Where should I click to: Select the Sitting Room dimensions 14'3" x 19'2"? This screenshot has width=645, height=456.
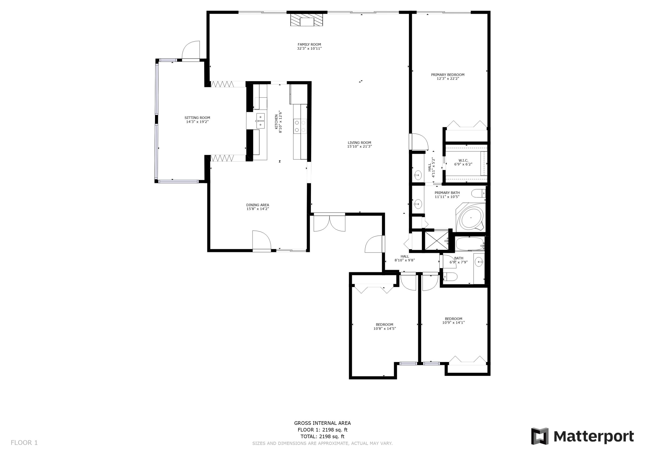(x=197, y=122)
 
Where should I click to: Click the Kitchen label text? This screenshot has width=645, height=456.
(x=276, y=121)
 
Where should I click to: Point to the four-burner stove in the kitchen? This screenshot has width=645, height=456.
(x=300, y=126)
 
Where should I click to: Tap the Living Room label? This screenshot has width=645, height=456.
(x=359, y=143)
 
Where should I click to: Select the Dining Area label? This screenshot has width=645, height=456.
(x=257, y=205)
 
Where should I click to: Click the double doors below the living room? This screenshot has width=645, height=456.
(x=329, y=223)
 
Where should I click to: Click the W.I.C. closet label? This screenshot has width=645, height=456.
(x=463, y=160)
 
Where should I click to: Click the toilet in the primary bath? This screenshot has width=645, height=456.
(x=478, y=193)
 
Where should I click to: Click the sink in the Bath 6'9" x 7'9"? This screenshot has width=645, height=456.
(x=479, y=262)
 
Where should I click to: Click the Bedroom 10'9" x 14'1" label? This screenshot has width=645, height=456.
(x=453, y=319)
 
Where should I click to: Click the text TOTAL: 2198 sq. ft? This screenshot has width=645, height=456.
(x=322, y=436)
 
